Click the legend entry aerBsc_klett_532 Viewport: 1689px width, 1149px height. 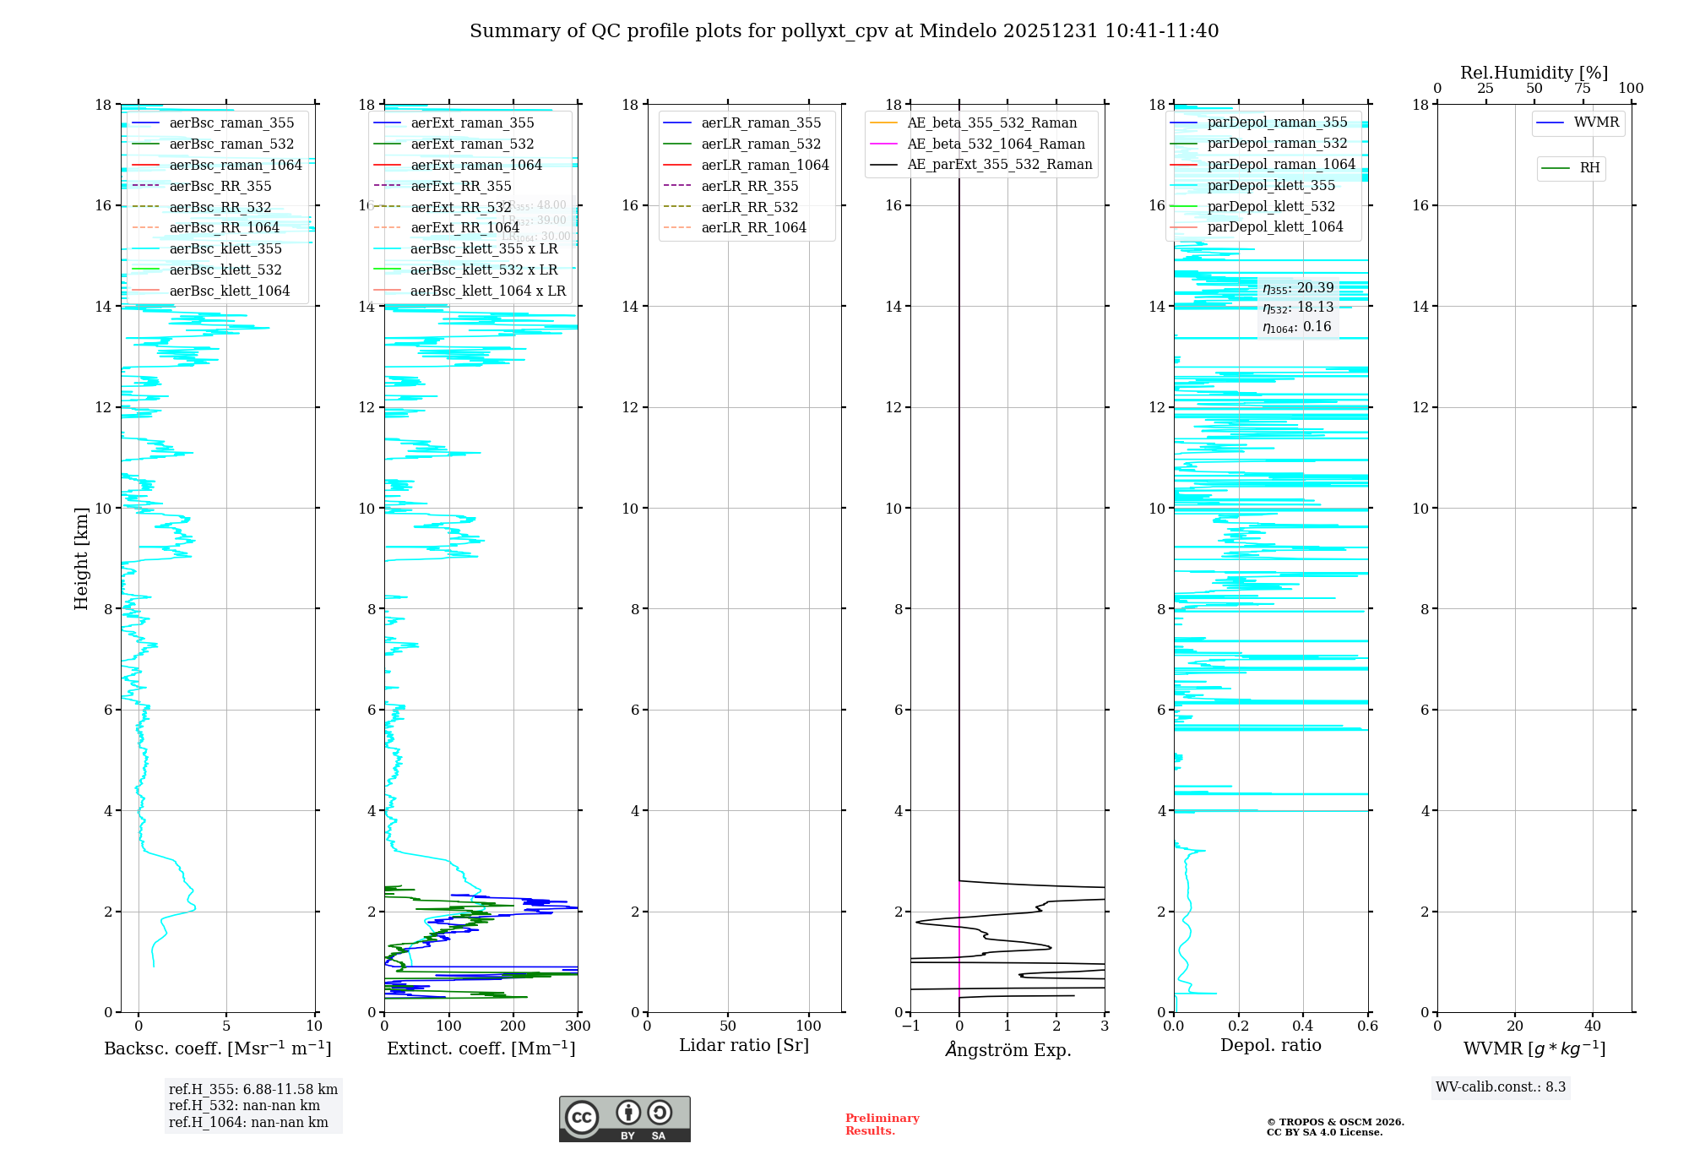225,270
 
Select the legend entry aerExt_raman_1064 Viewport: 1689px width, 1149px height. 476,166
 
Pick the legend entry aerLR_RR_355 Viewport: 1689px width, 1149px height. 749,187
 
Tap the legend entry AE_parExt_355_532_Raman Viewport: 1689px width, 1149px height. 999,165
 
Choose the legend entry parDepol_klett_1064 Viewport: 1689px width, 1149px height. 1274,227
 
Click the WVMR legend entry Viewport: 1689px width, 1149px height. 1595,123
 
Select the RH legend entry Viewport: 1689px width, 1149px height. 1589,168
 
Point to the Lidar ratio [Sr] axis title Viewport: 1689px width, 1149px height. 744,1045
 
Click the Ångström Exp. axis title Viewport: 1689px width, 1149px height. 1007,1050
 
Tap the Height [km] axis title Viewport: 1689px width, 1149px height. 81,558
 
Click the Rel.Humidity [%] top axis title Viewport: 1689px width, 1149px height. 1534,73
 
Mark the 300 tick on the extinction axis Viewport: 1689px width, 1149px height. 578,1026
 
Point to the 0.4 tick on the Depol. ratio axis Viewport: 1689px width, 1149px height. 1303,1026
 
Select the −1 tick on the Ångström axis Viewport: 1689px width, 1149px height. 910,1026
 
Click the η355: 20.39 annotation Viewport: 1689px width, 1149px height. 1298,289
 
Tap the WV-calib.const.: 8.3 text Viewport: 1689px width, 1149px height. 1501,1087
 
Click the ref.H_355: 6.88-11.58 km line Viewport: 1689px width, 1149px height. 253,1090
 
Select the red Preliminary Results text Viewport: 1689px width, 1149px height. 882,1124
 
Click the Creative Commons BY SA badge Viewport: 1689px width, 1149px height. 624,1119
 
